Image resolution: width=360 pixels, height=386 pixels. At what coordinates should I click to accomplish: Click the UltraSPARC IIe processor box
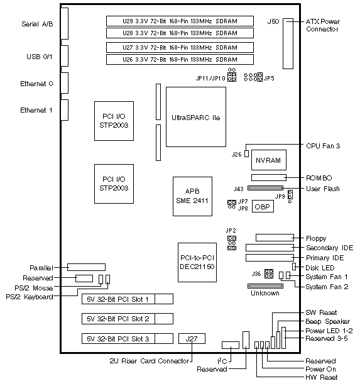[196, 117]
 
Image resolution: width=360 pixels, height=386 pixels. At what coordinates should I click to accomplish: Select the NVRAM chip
[269, 160]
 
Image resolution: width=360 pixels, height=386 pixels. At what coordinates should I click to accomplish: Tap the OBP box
[263, 207]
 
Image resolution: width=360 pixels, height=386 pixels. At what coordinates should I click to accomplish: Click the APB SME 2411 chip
[192, 196]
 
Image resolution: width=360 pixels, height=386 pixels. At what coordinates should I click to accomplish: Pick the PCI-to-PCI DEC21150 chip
[197, 262]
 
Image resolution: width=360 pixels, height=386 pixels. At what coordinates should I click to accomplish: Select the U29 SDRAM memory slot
[180, 21]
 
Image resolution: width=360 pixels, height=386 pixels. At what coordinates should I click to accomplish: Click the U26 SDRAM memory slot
[180, 60]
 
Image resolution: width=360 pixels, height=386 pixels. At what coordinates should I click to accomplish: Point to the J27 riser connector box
[192, 339]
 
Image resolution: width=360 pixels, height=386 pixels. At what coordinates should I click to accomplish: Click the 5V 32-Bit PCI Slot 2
[128, 319]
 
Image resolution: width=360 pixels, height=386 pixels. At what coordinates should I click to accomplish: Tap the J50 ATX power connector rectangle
[288, 43]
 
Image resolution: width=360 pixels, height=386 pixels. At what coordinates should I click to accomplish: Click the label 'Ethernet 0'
[36, 84]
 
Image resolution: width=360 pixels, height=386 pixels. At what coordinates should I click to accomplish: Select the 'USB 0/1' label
[40, 57]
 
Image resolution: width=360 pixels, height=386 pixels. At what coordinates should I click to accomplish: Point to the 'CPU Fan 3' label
[323, 146]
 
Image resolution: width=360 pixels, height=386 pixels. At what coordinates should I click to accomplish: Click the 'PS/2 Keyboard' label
[30, 297]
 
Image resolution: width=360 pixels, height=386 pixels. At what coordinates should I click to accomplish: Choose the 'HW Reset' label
[322, 377]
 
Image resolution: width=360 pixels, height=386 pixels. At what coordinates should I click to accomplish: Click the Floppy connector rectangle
[275, 238]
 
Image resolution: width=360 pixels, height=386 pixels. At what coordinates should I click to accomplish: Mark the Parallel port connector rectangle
[86, 267]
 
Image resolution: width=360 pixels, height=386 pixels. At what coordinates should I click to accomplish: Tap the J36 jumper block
[269, 273]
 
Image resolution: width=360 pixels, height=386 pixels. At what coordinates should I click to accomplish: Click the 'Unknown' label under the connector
[265, 293]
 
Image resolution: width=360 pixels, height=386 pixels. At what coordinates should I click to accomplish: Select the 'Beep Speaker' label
[327, 321]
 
